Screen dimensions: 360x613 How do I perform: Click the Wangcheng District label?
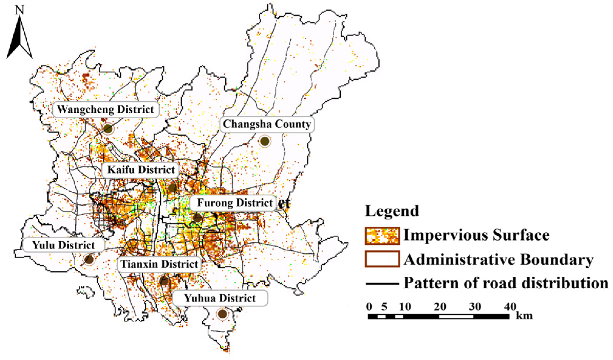pyautogui.click(x=106, y=110)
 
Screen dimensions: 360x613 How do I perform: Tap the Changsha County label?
pyautogui.click(x=267, y=124)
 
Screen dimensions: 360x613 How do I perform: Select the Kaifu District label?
pyautogui.click(x=141, y=170)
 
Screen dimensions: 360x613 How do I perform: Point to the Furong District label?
pyautogui.click(x=234, y=203)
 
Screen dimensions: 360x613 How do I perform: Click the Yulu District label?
pyautogui.click(x=63, y=245)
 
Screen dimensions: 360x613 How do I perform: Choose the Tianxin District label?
pyautogui.click(x=159, y=264)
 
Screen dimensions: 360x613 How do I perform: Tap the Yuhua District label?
pyautogui.click(x=220, y=298)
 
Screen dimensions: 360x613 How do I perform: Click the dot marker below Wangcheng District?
pyautogui.click(x=108, y=129)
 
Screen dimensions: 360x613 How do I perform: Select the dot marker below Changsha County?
pyautogui.click(x=265, y=141)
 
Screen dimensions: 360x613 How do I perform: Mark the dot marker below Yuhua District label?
pyautogui.click(x=222, y=314)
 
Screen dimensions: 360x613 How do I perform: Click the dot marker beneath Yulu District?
pyautogui.click(x=89, y=259)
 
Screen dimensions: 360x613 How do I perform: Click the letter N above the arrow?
pyautogui.click(x=20, y=10)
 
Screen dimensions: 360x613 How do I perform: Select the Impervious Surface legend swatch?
pyautogui.click(x=382, y=236)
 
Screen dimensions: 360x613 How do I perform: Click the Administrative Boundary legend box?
pyautogui.click(x=382, y=259)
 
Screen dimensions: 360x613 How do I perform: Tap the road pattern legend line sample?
pyautogui.click(x=382, y=284)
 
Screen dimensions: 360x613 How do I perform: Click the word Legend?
pyautogui.click(x=392, y=211)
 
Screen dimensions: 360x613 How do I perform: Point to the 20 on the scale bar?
pyautogui.click(x=439, y=307)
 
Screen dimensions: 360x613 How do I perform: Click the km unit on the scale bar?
pyautogui.click(x=524, y=316)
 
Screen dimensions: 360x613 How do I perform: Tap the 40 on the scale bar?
pyautogui.click(x=510, y=307)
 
